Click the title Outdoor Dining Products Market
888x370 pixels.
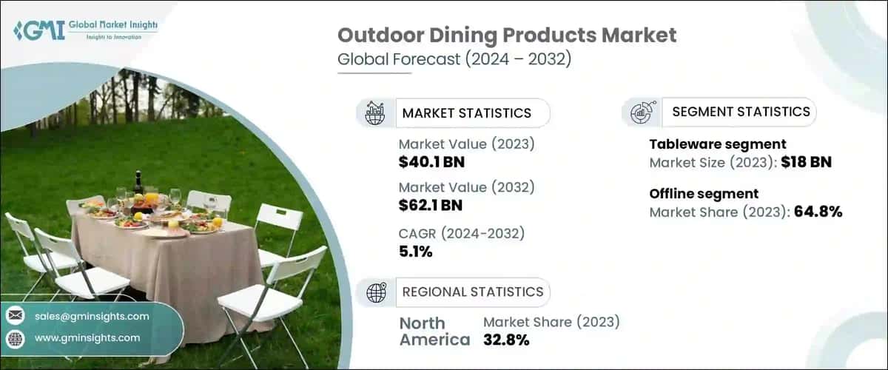(x=507, y=36)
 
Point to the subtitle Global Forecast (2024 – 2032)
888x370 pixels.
(x=454, y=59)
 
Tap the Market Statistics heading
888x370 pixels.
(x=466, y=112)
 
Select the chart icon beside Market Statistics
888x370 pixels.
(x=375, y=112)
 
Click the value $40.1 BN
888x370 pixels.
(x=431, y=162)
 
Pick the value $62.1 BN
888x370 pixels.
(x=431, y=205)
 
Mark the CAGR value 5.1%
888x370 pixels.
(x=416, y=252)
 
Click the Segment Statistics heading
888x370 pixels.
(x=741, y=112)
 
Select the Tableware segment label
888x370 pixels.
(x=718, y=144)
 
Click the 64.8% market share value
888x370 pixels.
(x=818, y=212)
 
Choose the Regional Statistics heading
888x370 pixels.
(x=472, y=292)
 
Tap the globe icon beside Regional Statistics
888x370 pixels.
(x=376, y=292)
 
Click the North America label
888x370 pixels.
(x=434, y=332)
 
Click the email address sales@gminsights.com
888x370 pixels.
(x=92, y=316)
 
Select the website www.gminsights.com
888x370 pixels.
(x=87, y=337)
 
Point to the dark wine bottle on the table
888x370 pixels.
(x=137, y=183)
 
